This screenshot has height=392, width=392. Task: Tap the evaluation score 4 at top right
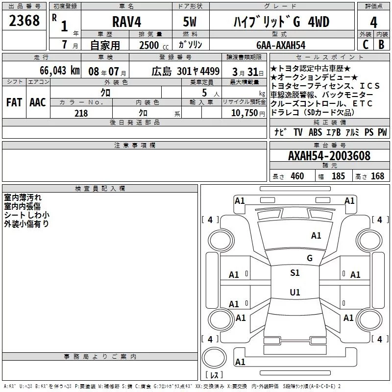[374, 22]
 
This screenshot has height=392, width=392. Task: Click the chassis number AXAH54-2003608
[329, 156]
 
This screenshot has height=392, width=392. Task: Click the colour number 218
[81, 113]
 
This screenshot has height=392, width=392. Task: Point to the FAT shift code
[14, 102]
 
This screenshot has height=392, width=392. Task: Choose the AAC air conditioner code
[38, 102]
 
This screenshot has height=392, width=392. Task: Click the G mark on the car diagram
[309, 258]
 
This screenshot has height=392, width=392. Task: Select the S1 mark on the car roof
[294, 273]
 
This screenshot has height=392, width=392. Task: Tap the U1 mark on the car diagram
[294, 293]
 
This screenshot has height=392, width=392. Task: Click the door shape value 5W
[191, 22]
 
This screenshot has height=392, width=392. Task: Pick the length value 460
[297, 176]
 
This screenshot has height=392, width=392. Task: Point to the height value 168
[377, 176]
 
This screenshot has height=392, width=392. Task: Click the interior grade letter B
[381, 45]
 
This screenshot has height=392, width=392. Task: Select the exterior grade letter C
[365, 45]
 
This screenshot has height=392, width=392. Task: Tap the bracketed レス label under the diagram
[214, 375]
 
